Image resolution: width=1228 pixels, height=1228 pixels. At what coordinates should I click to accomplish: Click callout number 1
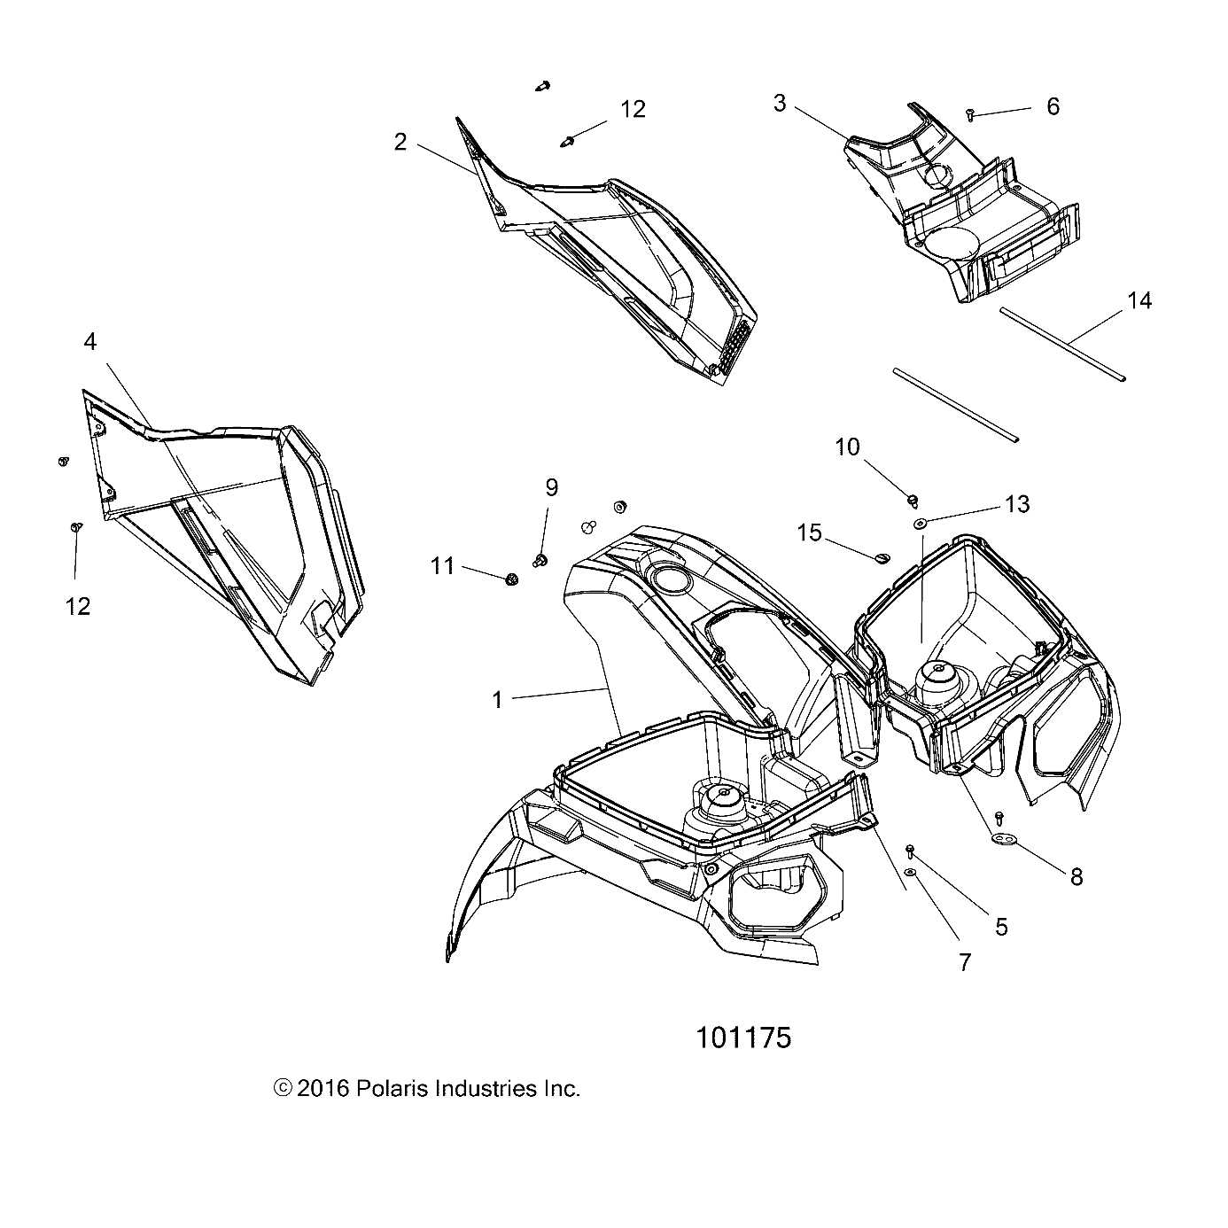point(497,700)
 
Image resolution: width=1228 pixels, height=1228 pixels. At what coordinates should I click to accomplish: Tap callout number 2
point(400,142)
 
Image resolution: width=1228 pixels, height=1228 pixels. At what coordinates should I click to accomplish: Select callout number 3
point(780,104)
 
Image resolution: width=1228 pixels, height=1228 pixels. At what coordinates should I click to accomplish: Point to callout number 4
point(89,342)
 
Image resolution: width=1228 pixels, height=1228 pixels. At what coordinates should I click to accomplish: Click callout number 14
point(1139,301)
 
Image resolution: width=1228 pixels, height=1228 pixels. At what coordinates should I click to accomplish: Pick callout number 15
point(810,532)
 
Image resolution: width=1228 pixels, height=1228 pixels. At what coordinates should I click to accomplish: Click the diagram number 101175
point(743,1037)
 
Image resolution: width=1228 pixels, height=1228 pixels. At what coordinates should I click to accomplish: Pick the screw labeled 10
point(911,501)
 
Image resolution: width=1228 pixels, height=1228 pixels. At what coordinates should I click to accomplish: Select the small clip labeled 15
point(881,556)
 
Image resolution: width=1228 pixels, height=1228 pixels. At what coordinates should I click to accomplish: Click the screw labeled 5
point(911,850)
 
